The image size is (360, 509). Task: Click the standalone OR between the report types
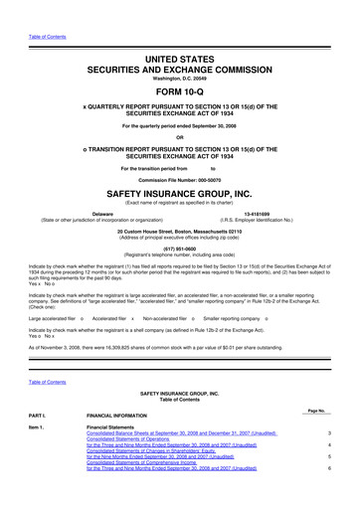click(x=180, y=137)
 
